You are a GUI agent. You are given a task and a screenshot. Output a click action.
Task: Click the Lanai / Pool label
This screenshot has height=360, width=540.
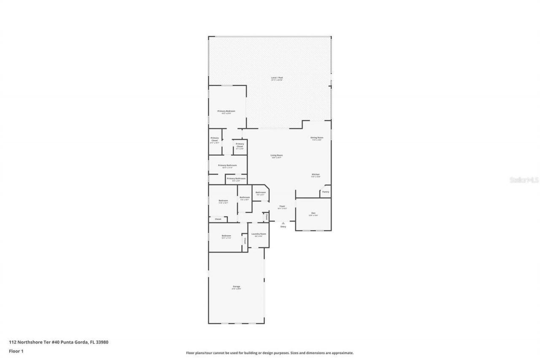(x=277, y=78)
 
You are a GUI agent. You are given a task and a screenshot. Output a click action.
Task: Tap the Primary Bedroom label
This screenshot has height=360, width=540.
(x=226, y=111)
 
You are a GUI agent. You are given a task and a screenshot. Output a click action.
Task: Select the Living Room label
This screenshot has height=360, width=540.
(x=276, y=155)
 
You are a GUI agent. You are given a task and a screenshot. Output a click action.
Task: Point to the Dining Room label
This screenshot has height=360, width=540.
(x=316, y=138)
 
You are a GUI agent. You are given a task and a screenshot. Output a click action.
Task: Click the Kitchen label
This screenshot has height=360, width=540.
(x=316, y=174)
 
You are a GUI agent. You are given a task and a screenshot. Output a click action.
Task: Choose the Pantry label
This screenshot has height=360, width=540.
(x=325, y=192)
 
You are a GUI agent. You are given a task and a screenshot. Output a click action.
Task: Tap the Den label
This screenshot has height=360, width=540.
(x=313, y=213)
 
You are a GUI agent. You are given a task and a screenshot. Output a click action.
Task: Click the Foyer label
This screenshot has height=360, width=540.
(x=282, y=206)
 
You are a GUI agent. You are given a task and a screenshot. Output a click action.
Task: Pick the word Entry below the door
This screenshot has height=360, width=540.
(x=283, y=227)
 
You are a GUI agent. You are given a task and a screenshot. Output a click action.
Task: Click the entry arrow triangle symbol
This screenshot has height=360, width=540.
(x=283, y=223)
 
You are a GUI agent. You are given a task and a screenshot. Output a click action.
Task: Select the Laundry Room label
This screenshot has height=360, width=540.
(x=259, y=234)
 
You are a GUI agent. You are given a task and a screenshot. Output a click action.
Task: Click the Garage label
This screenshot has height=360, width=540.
(x=236, y=287)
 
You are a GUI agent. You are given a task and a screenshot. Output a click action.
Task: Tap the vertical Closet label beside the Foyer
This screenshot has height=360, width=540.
(x=266, y=217)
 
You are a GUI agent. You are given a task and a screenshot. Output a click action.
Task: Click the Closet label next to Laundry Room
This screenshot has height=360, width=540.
(x=244, y=241)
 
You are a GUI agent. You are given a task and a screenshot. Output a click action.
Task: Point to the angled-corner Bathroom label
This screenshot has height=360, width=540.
(x=260, y=192)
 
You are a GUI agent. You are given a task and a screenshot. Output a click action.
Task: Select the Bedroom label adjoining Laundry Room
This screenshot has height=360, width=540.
(x=226, y=235)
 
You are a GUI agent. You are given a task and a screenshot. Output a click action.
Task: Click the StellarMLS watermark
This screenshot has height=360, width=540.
(x=524, y=180)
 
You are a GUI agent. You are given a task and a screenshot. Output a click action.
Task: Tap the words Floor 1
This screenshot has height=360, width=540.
(x=16, y=351)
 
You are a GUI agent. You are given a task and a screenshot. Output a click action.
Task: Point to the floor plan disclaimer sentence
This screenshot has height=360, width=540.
(x=270, y=353)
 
